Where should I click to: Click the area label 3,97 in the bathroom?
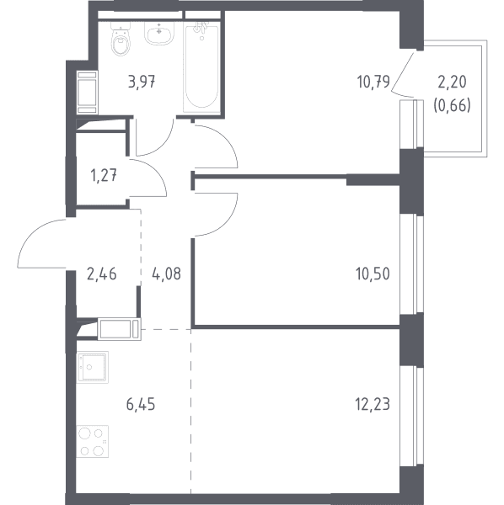(142, 82)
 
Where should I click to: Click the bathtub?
(201, 67)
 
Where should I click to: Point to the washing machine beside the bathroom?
(88, 93)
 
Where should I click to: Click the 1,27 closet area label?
(104, 177)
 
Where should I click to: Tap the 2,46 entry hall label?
(102, 274)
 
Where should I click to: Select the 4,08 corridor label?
(166, 274)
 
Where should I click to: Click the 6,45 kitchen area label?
(141, 404)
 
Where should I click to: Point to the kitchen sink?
(93, 367)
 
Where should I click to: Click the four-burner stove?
(93, 441)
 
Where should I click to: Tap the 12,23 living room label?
(373, 404)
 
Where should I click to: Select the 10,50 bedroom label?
(373, 274)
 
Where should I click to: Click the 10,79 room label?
(373, 82)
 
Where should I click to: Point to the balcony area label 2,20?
(452, 82)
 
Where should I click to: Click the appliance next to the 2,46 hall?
(120, 329)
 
